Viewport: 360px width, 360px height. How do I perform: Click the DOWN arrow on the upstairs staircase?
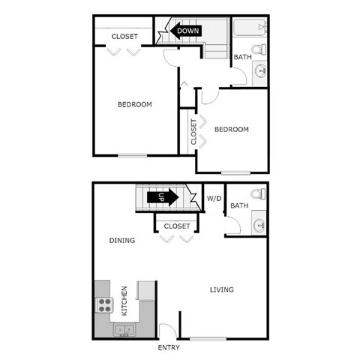pyautogui.click(x=184, y=31)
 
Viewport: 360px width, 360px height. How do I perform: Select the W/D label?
pyautogui.click(x=214, y=199)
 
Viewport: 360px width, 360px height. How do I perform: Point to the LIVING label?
pyautogui.click(x=221, y=289)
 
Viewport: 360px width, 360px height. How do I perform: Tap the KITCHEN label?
pyautogui.click(x=125, y=301)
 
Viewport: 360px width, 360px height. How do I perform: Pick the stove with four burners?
pyautogui.click(x=104, y=306)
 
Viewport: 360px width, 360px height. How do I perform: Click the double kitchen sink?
pyautogui.click(x=124, y=329)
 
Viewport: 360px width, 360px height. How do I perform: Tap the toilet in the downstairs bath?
pyautogui.click(x=256, y=195)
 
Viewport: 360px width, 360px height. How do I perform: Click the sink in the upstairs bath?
pyautogui.click(x=260, y=72)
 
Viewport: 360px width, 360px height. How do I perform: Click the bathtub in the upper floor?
pyautogui.click(x=248, y=28)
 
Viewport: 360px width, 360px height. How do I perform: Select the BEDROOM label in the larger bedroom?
pyautogui.click(x=135, y=104)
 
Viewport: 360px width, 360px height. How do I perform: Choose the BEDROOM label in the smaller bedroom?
pyautogui.click(x=231, y=129)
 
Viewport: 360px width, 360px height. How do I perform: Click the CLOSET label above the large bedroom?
pyautogui.click(x=124, y=37)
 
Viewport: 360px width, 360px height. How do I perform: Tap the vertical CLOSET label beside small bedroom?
pyautogui.click(x=193, y=132)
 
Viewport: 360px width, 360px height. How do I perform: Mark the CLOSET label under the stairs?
pyautogui.click(x=177, y=225)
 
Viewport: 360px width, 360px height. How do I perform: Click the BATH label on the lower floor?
pyautogui.click(x=239, y=205)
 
